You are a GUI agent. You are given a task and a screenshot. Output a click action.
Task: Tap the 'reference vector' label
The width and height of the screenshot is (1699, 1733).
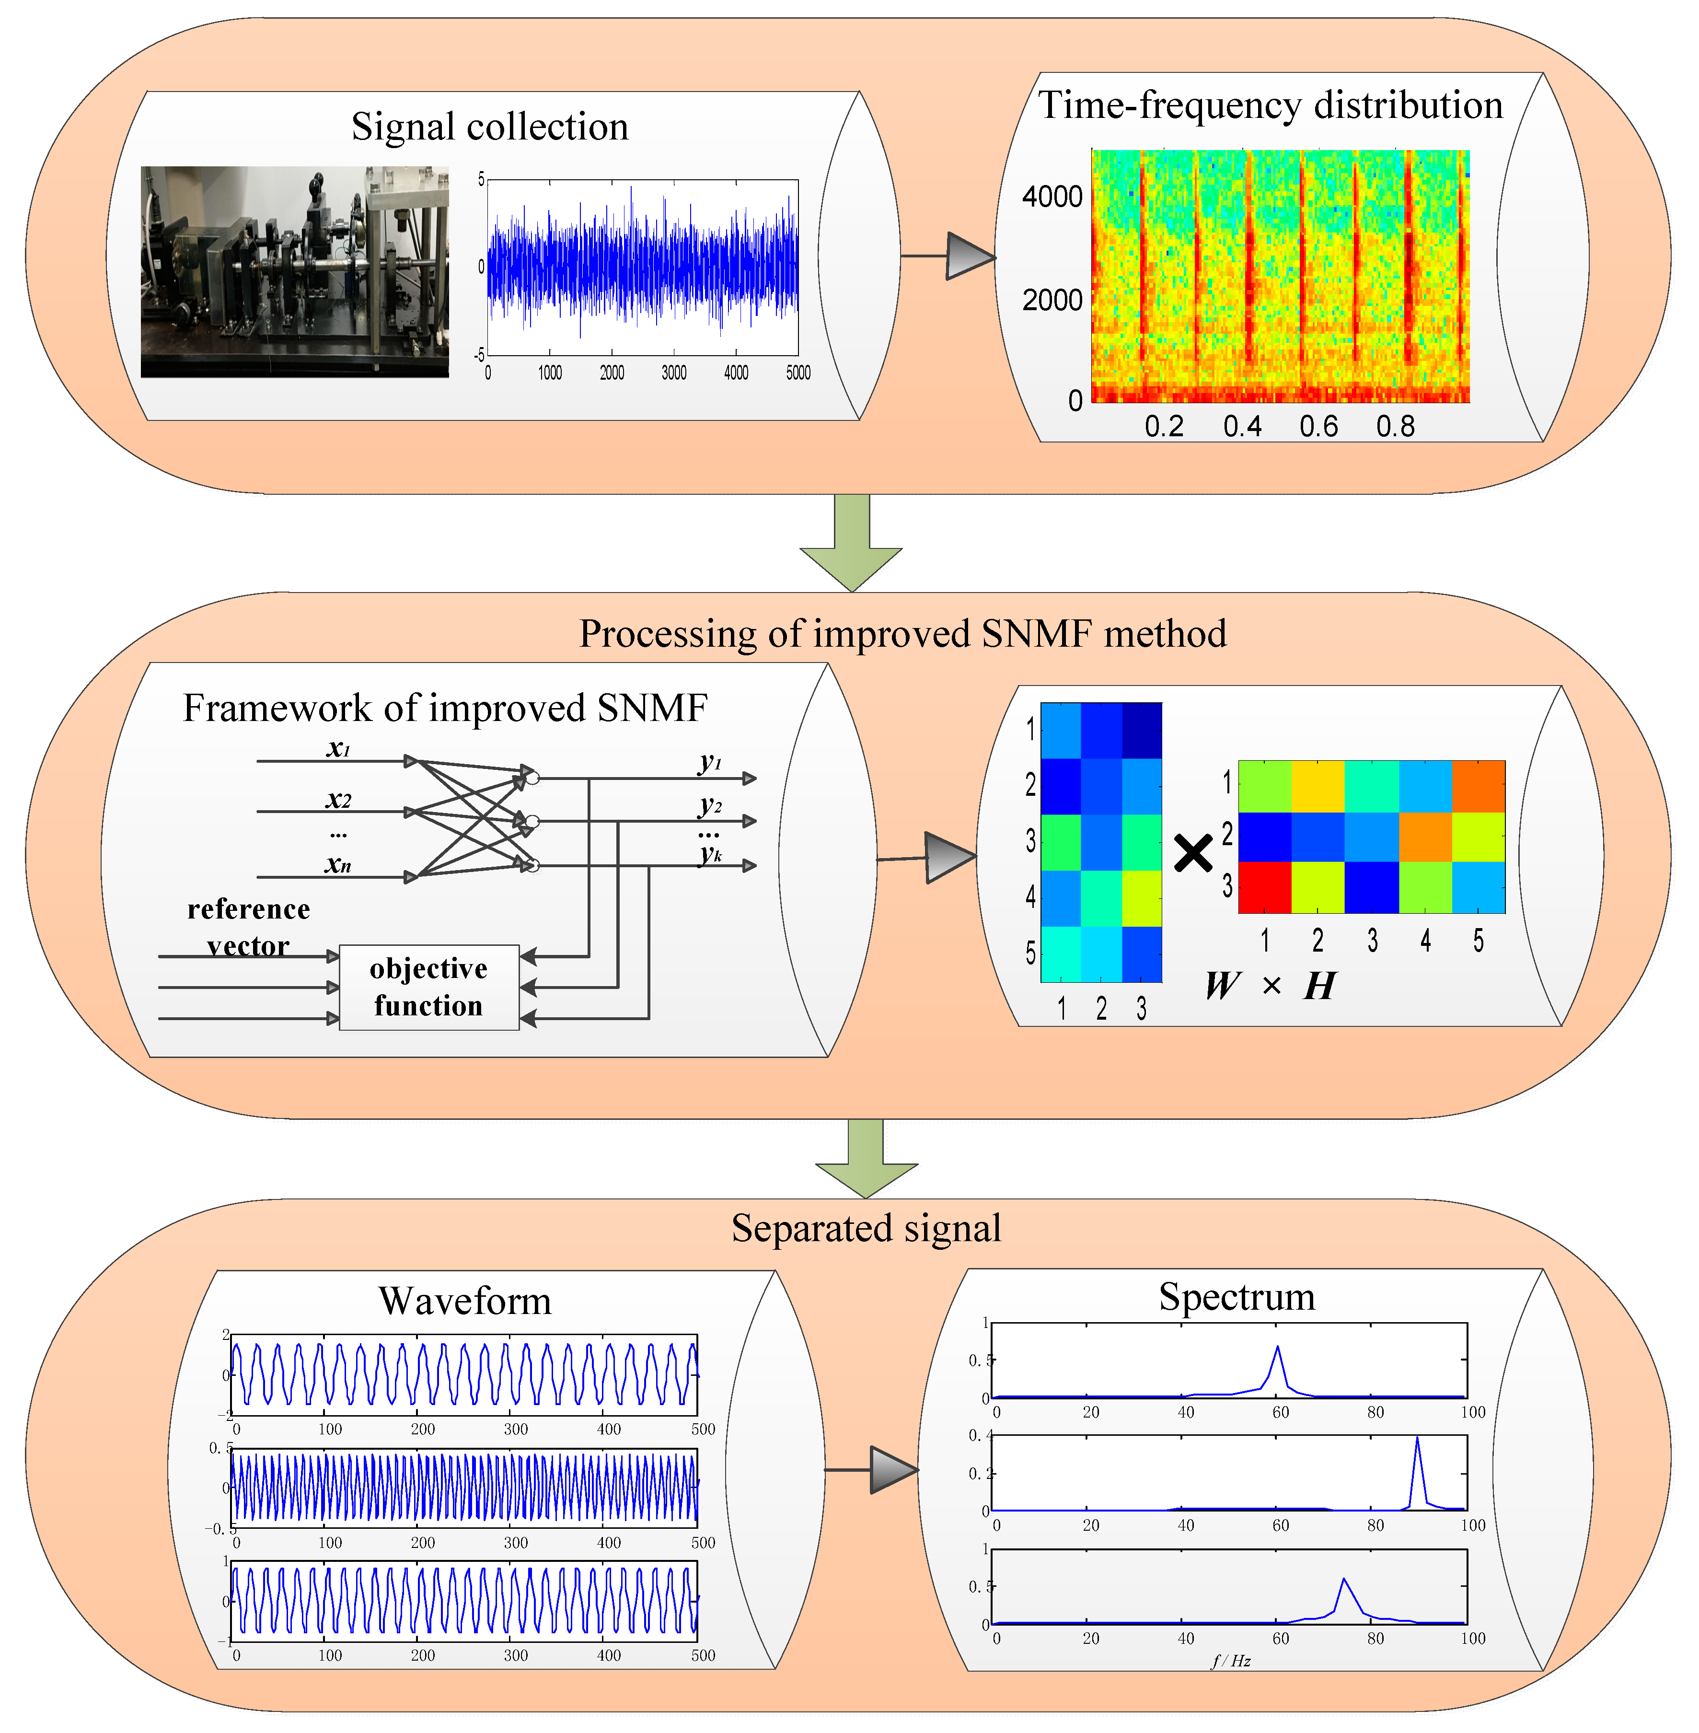[248, 926]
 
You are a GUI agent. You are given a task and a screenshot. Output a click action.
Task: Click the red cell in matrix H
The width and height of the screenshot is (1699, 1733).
[1264, 887]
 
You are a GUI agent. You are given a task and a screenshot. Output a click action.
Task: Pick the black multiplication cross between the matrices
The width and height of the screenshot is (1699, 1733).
[1193, 853]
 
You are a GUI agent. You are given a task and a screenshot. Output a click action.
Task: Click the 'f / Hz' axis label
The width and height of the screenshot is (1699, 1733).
[1231, 1661]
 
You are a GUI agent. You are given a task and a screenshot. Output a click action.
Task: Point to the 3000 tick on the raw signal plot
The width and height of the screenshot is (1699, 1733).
[674, 373]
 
